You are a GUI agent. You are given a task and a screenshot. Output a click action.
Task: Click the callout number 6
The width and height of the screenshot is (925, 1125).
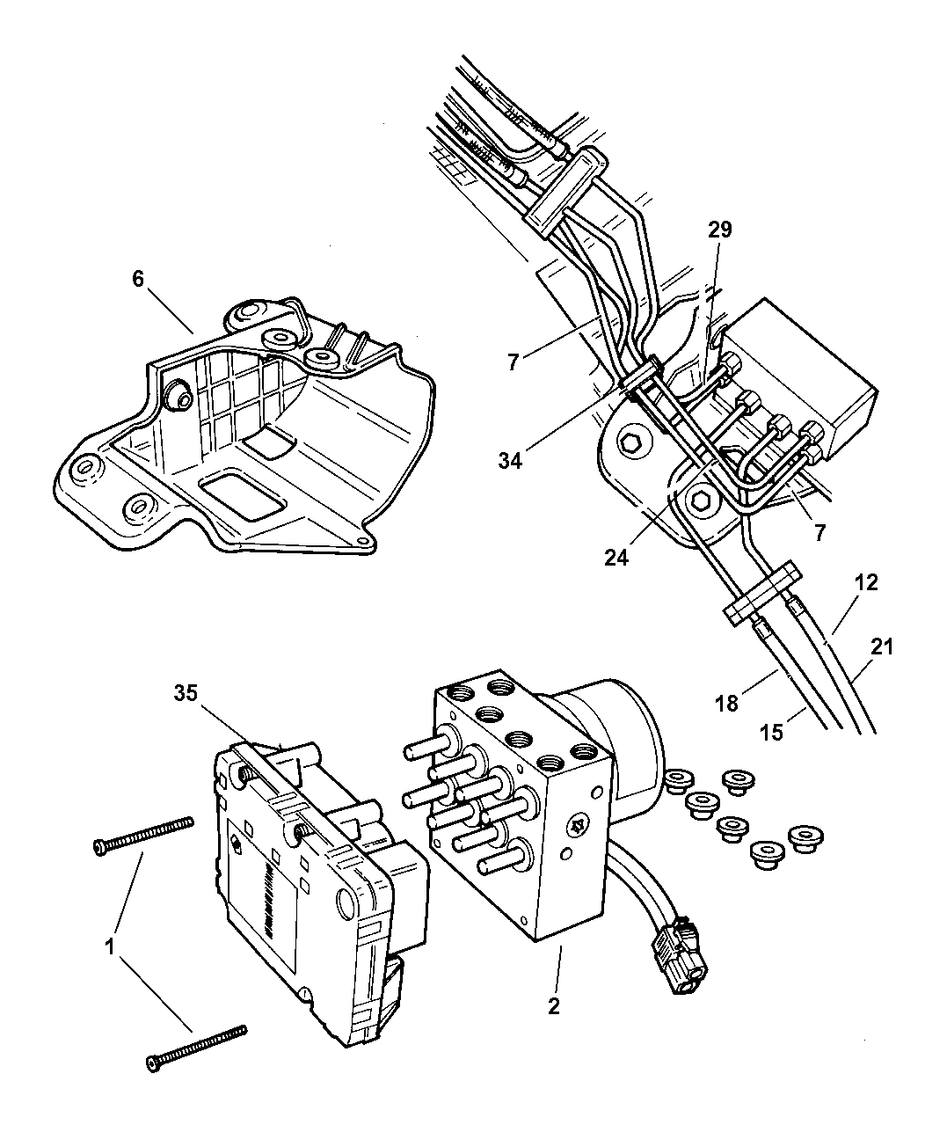coord(138,279)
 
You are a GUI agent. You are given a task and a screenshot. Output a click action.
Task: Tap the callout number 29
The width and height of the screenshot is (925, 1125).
coord(720,230)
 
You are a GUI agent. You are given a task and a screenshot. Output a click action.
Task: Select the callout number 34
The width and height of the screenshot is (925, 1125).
coord(510,460)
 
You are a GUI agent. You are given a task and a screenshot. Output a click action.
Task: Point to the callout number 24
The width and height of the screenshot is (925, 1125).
coord(616,558)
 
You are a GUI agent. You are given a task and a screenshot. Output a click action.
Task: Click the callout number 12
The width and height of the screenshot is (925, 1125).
coord(866,582)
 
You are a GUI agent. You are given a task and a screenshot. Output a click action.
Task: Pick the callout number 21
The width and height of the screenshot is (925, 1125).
coord(882,647)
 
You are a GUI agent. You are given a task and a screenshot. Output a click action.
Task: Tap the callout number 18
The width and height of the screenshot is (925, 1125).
coord(726,704)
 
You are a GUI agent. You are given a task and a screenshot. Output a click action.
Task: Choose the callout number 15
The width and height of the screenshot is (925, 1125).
coord(771,732)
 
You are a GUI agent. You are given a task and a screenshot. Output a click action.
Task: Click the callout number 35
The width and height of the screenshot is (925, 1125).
coord(186,693)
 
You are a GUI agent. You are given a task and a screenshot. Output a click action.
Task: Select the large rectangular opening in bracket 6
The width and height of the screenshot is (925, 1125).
coord(243,494)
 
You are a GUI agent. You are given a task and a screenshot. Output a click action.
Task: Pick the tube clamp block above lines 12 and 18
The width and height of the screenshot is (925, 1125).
coord(762,593)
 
